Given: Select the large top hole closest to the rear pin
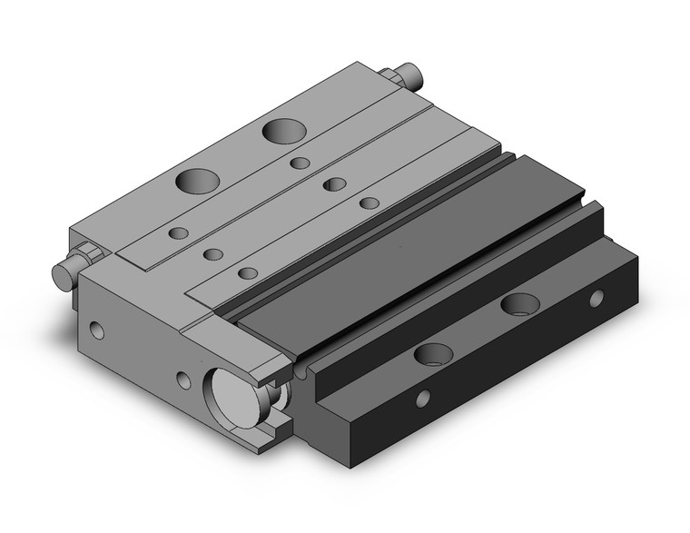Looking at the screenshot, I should point(281,130).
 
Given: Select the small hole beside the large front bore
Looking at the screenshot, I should point(184,380).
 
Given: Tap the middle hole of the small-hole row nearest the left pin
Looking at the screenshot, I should point(213,253).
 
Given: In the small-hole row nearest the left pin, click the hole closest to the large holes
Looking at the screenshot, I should point(179,233).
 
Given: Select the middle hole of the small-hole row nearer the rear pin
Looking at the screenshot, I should point(335,184).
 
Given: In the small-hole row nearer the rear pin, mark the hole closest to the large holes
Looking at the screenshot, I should point(301,164).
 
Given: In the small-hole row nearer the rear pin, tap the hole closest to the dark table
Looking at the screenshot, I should point(369,202).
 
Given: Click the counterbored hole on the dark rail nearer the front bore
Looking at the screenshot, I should point(430,353).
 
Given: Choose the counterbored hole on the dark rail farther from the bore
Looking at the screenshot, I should point(519,304).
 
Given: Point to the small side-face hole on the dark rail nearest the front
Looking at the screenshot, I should point(422,396).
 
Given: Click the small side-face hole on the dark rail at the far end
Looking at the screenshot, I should point(596,297).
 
